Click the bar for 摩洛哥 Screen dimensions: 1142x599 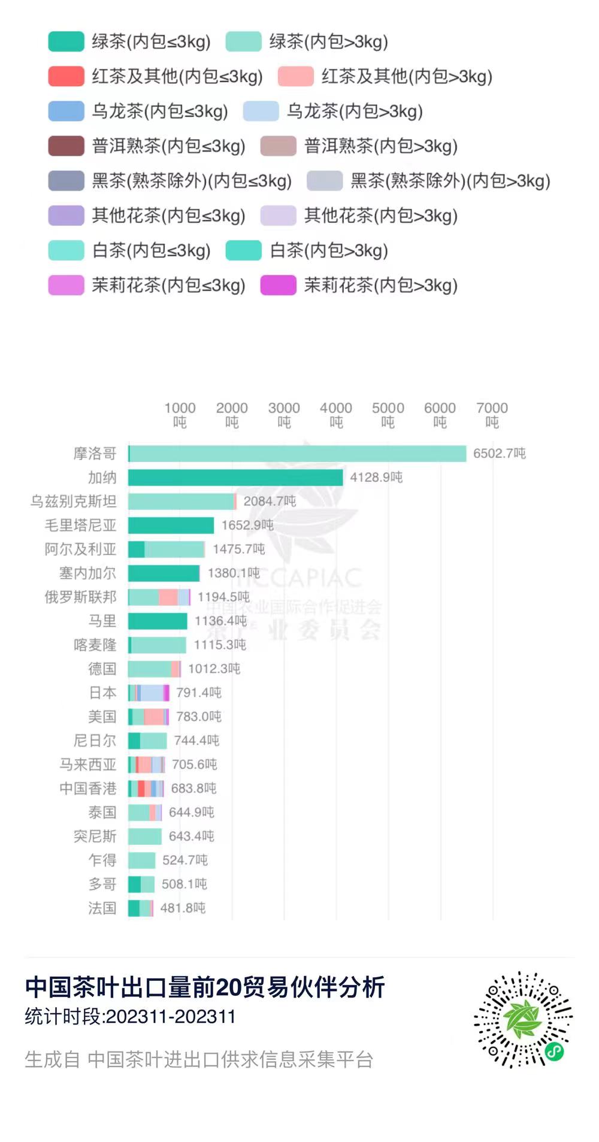point(297,454)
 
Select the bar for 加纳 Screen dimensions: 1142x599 point(235,478)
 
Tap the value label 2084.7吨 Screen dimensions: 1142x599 point(270,501)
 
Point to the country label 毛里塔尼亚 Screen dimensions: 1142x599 point(80,525)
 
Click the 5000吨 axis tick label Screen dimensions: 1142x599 point(388,415)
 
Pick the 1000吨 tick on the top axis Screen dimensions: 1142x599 point(180,415)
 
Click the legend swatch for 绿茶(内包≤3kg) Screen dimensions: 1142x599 point(66,42)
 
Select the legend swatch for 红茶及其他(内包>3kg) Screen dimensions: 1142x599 point(296,77)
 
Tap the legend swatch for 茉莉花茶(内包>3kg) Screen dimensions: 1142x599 point(279,285)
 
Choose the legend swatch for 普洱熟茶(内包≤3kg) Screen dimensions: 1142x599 point(66,146)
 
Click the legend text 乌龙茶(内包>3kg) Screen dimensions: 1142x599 point(355,111)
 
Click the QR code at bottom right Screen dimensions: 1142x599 point(523,1019)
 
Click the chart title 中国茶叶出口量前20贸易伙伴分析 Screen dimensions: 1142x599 point(205,987)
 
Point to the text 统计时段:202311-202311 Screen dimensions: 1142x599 point(130,1017)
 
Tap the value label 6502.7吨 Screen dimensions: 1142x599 point(499,454)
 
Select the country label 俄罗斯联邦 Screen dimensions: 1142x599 point(80,597)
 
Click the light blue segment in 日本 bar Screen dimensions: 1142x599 point(152,693)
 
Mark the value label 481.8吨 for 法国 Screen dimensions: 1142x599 point(183,908)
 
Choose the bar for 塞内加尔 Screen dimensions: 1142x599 point(164,573)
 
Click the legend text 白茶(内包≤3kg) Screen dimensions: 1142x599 point(151,250)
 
